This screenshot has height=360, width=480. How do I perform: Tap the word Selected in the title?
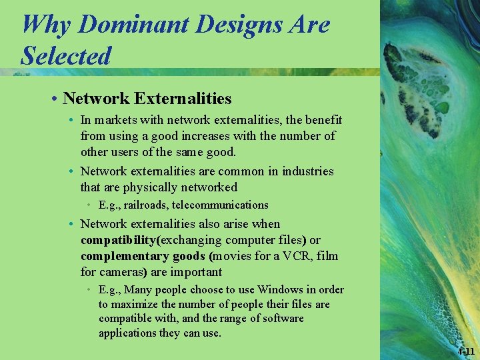point(66,55)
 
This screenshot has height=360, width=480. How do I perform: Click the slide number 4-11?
point(466,351)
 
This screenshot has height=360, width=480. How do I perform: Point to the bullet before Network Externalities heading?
point(53,99)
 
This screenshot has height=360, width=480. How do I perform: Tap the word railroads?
point(146,205)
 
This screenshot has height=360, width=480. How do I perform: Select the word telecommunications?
point(220,205)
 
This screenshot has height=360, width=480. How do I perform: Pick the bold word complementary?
point(123,256)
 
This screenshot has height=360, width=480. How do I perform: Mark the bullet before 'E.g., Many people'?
point(89,290)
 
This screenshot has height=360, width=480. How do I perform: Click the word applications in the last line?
point(128,333)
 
